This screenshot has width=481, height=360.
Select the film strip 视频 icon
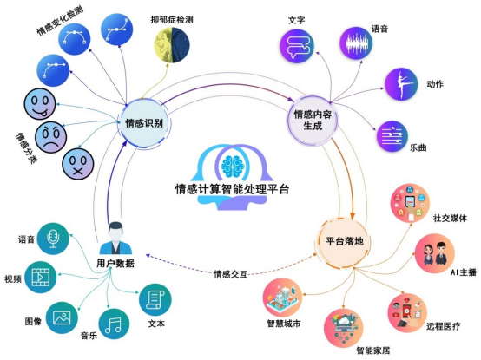43,278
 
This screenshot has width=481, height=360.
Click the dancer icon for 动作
404,84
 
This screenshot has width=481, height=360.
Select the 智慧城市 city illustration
282,299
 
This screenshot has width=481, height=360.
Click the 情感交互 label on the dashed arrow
232,274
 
